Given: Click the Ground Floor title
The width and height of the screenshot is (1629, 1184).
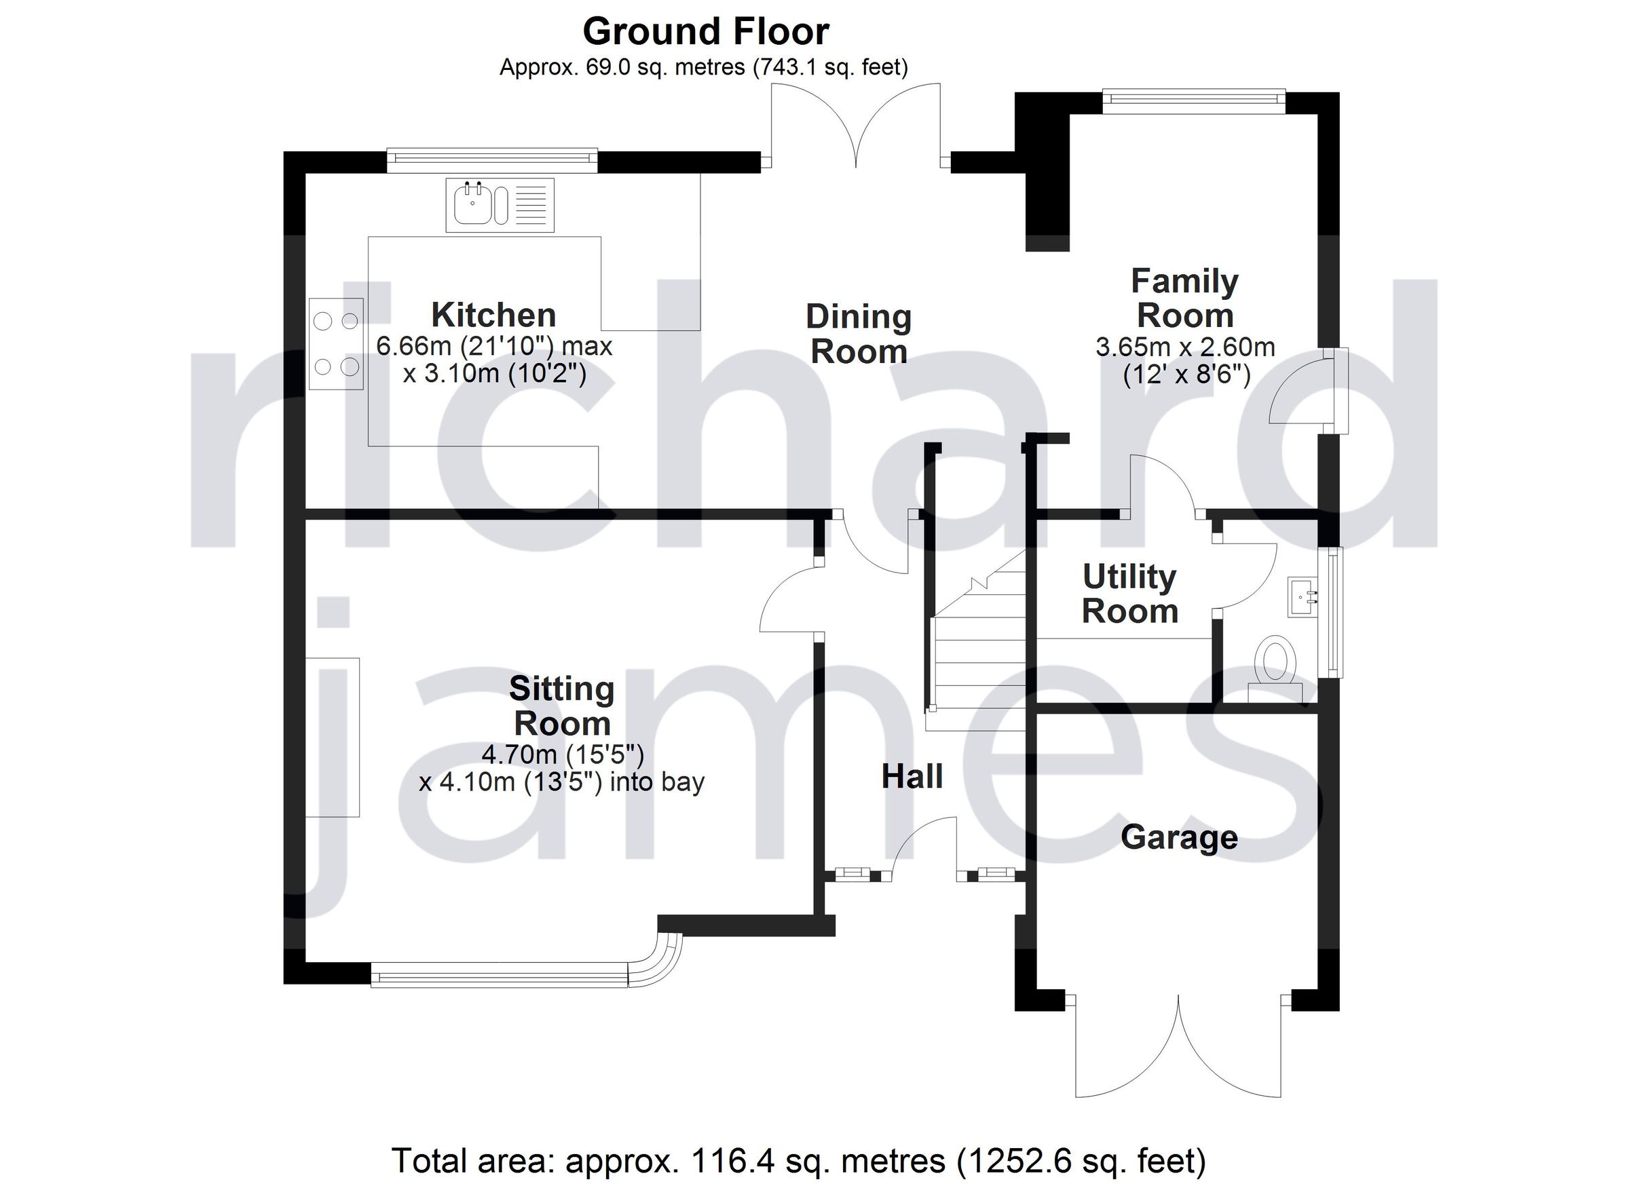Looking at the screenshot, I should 705,32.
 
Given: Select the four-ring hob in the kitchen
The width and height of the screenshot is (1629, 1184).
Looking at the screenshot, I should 335,344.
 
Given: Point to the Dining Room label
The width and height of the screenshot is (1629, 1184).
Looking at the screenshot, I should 859,334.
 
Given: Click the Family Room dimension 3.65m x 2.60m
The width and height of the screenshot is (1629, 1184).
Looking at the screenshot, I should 1184,347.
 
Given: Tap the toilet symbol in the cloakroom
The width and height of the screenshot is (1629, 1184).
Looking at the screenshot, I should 1275,662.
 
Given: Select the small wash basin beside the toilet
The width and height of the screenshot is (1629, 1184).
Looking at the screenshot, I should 1304,596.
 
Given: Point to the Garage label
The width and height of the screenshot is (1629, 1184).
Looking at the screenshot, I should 1179,837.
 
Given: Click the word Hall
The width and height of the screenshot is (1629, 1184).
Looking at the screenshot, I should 912,777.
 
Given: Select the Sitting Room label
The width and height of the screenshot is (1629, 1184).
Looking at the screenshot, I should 562,706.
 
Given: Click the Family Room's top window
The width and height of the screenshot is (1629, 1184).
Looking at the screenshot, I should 1193,100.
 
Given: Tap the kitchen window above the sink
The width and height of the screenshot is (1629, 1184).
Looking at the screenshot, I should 492,159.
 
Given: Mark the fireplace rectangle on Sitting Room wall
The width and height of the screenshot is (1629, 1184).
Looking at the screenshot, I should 333,737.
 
